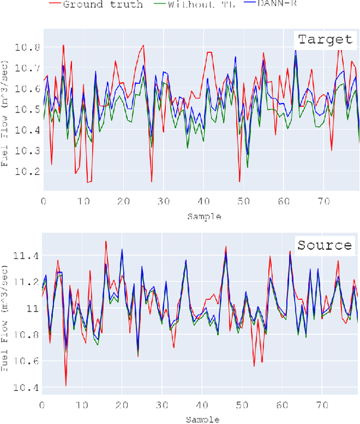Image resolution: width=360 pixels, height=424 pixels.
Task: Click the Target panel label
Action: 325,39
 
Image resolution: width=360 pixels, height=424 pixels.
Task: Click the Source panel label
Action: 325,245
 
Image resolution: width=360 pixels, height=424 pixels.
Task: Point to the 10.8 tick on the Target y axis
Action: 29,47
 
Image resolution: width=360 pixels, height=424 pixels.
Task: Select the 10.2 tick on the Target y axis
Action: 29,171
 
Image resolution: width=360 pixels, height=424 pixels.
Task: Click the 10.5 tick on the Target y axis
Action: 29,109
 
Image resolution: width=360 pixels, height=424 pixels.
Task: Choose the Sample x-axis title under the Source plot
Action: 201,420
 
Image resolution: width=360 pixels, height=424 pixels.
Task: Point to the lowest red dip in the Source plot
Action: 66,386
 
